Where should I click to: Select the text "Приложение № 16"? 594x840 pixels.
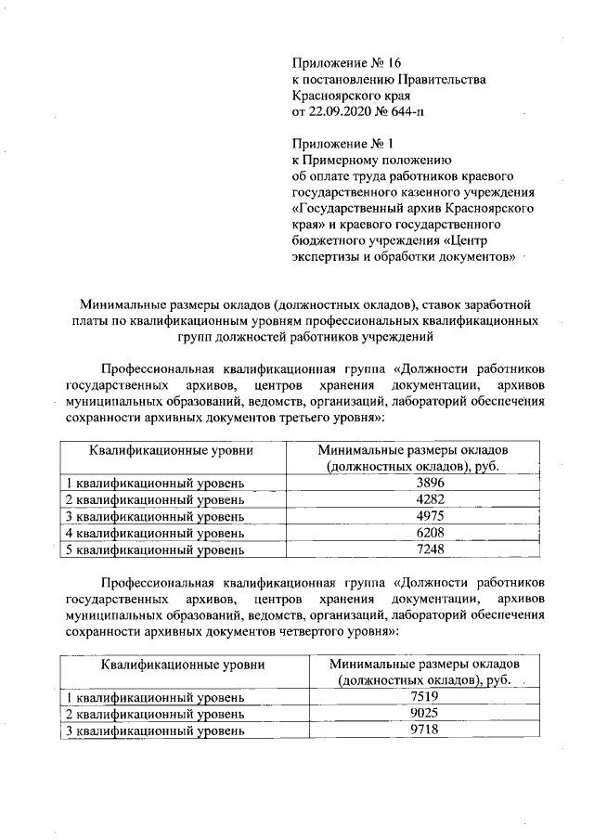pos(345,62)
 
